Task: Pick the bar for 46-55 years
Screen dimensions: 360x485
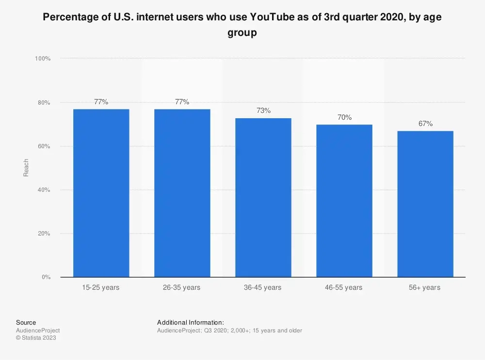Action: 344,201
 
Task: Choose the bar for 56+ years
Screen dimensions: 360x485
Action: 425,204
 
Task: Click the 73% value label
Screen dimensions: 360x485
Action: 263,110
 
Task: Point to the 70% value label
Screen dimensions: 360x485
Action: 344,117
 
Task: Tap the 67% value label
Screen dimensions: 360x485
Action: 425,124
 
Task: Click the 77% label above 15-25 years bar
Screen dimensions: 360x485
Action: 101,102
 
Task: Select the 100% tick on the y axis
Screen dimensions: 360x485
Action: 43,59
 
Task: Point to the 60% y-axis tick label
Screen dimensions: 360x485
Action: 44,146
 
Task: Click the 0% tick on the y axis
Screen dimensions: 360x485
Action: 46,277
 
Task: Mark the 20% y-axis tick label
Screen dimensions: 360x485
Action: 44,234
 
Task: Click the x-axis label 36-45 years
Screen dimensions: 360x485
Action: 262,287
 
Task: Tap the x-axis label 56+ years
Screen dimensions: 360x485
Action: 424,287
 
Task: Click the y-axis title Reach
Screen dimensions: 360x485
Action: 26,168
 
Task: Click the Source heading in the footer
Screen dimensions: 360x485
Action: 26,322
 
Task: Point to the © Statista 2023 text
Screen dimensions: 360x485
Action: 36,338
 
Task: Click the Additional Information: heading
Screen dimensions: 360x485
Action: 191,322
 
